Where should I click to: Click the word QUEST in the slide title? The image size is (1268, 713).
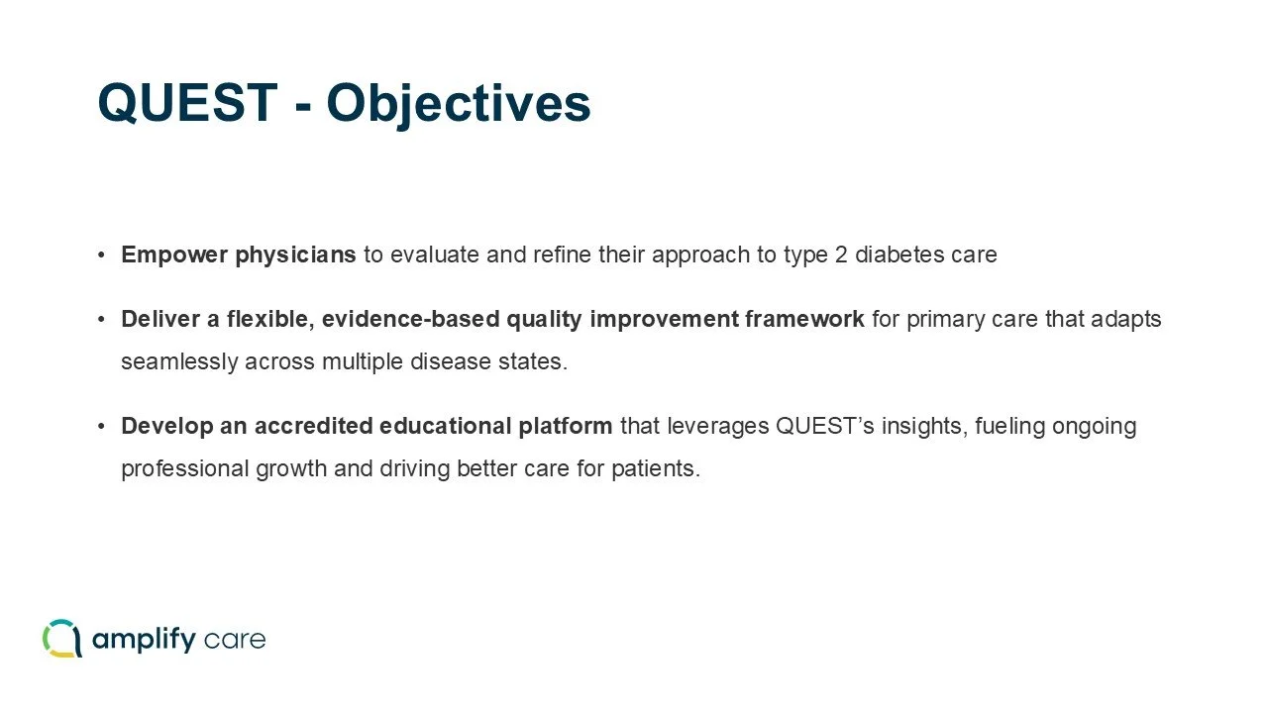(187, 102)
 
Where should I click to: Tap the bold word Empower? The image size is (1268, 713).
(174, 255)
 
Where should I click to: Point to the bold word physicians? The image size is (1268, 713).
(295, 255)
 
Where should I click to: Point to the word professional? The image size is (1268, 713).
(185, 469)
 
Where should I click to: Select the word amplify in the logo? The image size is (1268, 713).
(144, 640)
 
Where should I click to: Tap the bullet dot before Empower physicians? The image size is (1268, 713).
(101, 255)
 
